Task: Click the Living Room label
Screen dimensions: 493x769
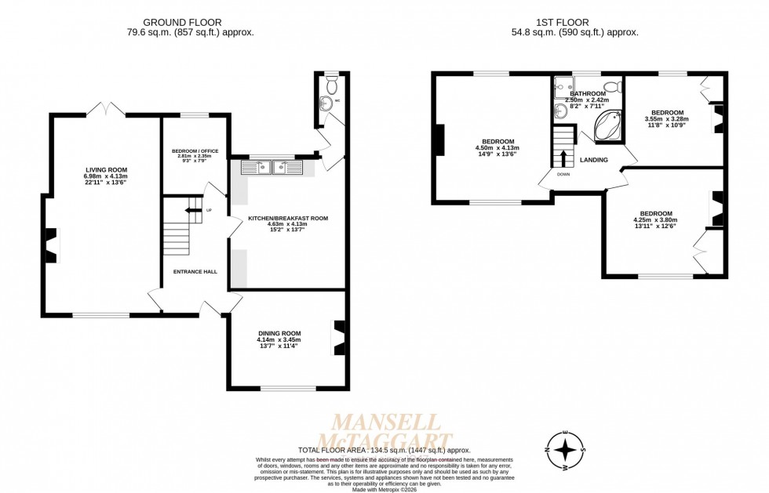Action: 106,169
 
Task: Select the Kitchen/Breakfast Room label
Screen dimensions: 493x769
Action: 288,218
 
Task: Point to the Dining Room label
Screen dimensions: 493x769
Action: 279,333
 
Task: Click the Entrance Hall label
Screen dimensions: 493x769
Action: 195,272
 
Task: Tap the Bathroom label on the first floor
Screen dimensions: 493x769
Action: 588,93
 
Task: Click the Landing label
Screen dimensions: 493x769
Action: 594,160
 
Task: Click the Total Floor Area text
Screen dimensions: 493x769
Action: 384,450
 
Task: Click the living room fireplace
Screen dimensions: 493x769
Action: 51,245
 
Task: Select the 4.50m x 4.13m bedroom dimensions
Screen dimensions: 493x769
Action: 497,148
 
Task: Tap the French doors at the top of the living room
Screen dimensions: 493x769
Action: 105,111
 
